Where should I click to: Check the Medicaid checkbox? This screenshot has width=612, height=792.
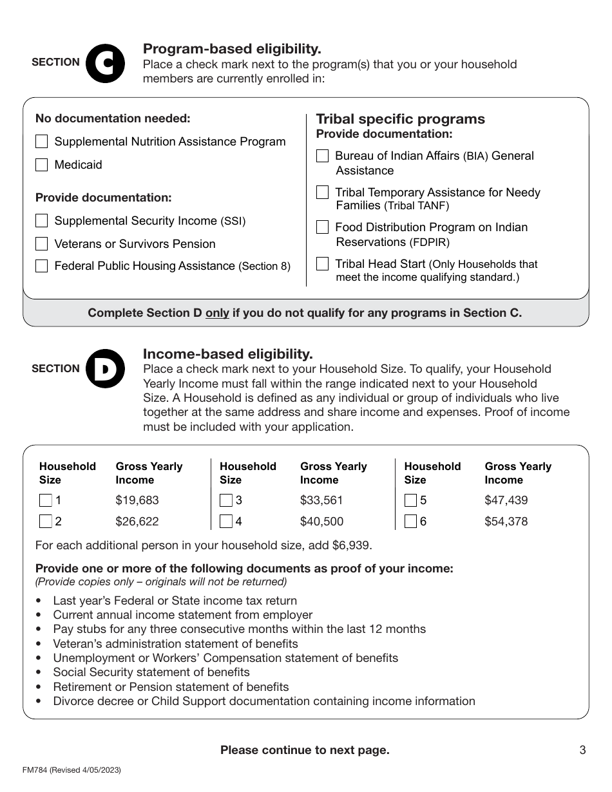[x=42, y=165]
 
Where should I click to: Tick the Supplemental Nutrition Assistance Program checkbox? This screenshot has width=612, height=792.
[x=42, y=142]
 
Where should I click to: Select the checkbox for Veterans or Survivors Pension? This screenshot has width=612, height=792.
[x=42, y=244]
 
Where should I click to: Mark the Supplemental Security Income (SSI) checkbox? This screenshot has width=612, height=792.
[x=42, y=221]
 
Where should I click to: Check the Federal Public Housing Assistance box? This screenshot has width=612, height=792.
[x=42, y=266]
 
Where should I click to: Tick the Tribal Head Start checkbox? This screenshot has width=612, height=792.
[x=323, y=264]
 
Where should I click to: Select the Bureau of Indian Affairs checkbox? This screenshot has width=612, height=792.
[x=323, y=156]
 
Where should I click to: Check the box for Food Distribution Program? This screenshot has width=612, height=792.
[x=323, y=227]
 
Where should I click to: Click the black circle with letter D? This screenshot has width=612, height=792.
[x=104, y=369]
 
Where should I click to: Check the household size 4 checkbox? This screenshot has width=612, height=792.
[x=226, y=522]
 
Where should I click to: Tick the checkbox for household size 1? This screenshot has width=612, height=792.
[x=46, y=500]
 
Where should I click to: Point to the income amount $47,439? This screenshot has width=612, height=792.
[x=506, y=500]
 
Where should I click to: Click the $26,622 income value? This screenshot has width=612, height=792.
[x=137, y=522]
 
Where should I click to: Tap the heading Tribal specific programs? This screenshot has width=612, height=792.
[x=400, y=119]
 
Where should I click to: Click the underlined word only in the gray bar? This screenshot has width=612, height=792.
[x=217, y=313]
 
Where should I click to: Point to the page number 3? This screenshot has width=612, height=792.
[x=582, y=750]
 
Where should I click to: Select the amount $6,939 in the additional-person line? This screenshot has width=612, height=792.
[x=351, y=545]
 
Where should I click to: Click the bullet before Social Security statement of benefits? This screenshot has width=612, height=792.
[x=39, y=673]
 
